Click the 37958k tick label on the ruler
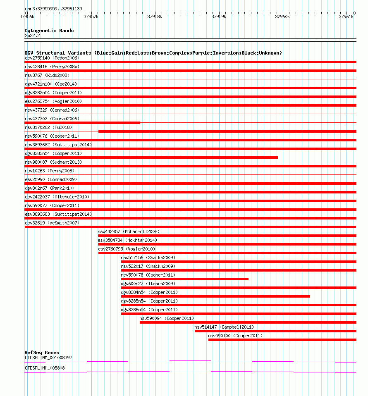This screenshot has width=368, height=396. tap(155, 17)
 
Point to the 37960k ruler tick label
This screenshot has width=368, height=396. tap(283, 17)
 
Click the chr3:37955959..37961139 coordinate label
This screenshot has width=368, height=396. tap(53, 9)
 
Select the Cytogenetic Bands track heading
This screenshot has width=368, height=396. tap(49, 31)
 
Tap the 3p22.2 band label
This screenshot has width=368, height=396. tap(33, 36)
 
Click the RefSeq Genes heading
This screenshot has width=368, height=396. tap(42, 353)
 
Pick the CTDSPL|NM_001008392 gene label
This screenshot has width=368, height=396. tap(48, 358)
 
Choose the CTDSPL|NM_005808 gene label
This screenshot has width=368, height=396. tap(45, 368)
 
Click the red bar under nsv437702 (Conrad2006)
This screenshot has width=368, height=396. tap(82, 123)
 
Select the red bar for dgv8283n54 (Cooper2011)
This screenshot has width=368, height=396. tap(151, 157)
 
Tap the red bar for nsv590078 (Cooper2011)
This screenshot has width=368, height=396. tap(185, 279)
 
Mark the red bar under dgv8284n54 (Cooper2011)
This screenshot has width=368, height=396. tap(215, 296)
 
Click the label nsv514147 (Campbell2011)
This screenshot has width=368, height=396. tap(224, 327)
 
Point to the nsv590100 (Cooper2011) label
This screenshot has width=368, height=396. tap(235, 336)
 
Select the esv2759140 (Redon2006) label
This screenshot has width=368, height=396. tap(52, 58)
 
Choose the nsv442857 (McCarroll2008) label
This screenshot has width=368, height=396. tap(129, 231)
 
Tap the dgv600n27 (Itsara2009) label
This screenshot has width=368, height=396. tap(148, 284)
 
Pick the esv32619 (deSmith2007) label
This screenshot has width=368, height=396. tap(52, 223)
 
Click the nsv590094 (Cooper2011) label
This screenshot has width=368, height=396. tap(167, 318)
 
